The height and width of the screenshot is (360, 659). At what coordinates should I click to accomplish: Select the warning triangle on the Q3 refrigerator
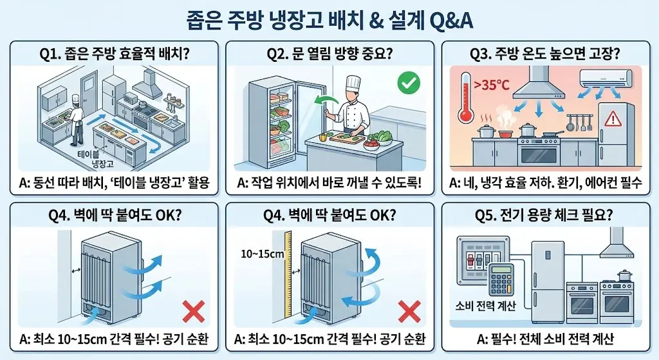point(613,117)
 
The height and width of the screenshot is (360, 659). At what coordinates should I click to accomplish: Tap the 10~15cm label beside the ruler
point(263,254)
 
